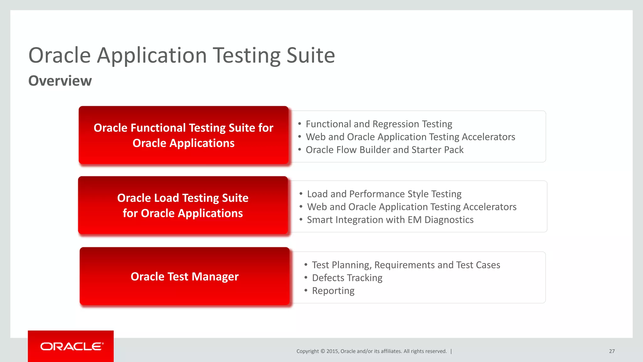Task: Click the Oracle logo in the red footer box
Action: (x=72, y=346)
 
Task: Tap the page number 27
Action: (x=612, y=351)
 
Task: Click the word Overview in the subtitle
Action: (x=60, y=81)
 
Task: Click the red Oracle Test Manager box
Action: (x=185, y=276)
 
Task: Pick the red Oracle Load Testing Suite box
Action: (x=183, y=205)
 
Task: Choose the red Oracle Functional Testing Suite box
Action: (x=183, y=135)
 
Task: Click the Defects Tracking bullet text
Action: (x=347, y=278)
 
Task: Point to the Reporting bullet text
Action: (x=333, y=291)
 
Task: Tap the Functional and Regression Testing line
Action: (x=379, y=124)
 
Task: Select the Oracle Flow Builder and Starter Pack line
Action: (x=385, y=150)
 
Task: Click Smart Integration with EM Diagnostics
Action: (x=390, y=220)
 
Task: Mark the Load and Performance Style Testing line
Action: (x=384, y=194)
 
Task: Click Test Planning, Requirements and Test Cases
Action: (x=406, y=265)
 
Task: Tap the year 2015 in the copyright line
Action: (x=332, y=351)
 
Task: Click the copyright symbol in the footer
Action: (x=322, y=351)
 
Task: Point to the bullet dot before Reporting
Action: (x=306, y=290)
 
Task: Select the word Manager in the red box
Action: (x=215, y=277)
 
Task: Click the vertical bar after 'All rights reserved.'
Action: (x=451, y=351)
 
